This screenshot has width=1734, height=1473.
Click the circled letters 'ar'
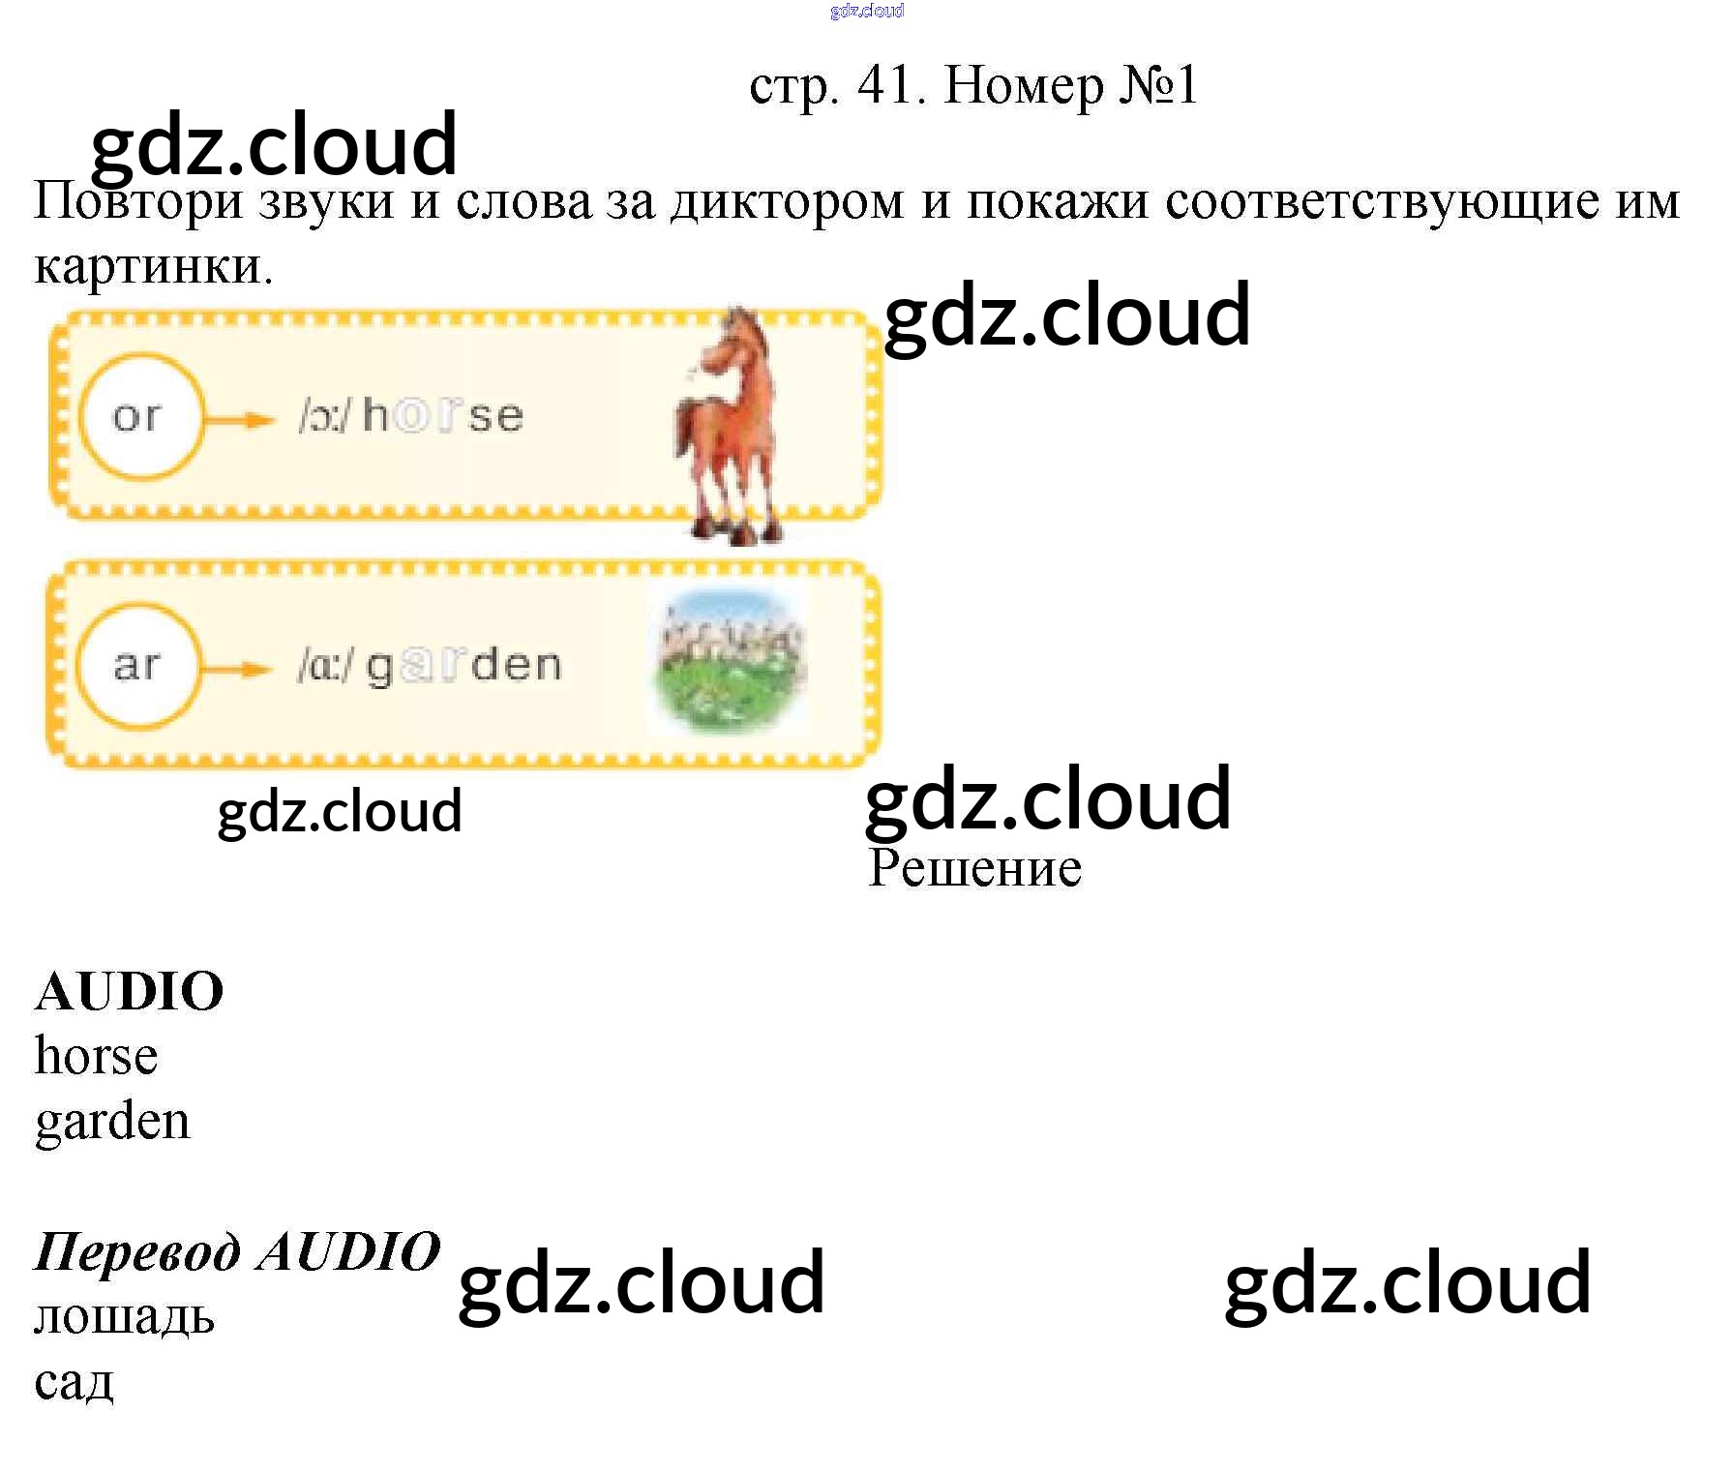coord(137,666)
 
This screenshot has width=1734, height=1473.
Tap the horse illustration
coord(729,426)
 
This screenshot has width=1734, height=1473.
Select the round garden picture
coord(732,663)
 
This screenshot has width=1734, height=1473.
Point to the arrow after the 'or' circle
coord(240,420)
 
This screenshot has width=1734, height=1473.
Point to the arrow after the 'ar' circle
coord(236,670)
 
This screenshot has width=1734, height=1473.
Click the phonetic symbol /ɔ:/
coord(324,416)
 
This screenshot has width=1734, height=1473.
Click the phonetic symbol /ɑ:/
coord(325,666)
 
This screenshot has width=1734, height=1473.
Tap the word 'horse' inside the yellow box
coord(443,416)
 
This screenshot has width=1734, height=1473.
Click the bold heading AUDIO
coord(130,991)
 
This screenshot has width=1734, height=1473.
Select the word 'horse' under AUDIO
coord(97,1056)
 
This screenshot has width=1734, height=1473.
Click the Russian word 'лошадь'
coord(125,1317)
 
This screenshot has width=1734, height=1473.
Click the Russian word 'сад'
coord(75,1383)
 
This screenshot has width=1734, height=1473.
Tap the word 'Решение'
coord(974,868)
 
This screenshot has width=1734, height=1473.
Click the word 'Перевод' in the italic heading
coord(137,1252)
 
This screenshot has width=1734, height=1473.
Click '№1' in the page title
coord(1159,85)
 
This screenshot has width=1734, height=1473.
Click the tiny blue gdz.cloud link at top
coord(867,11)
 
